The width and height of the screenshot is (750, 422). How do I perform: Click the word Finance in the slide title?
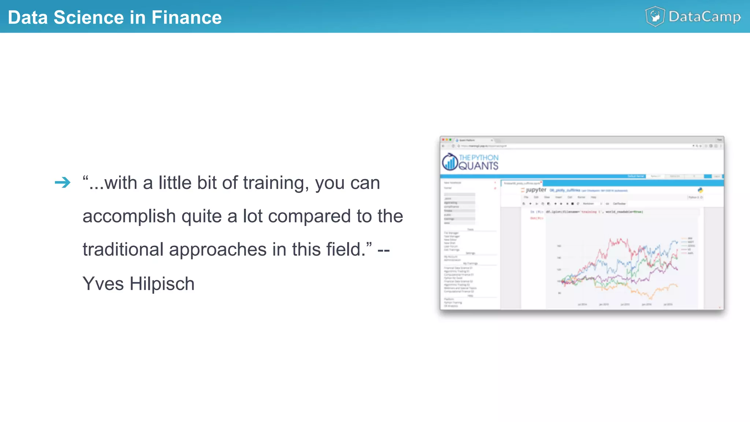coord(186,17)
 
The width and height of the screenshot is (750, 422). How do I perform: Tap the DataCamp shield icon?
coord(655,16)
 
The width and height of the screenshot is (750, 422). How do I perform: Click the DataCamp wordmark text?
coord(705,17)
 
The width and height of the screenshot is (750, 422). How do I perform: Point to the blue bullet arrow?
coord(63,182)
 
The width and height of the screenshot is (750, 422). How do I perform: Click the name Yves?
coord(103,284)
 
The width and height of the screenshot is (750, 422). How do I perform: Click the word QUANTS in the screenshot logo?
coord(478,166)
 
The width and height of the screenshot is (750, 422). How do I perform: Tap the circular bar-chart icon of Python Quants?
coord(450,162)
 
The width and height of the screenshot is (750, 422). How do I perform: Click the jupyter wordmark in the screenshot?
coord(536,190)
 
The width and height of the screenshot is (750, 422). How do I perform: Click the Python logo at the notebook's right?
coord(700,190)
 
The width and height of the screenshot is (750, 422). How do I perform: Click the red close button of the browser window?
coord(443,140)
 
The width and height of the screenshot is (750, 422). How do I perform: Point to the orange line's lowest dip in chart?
coord(649,298)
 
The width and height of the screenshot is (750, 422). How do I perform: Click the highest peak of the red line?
coord(610,239)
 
